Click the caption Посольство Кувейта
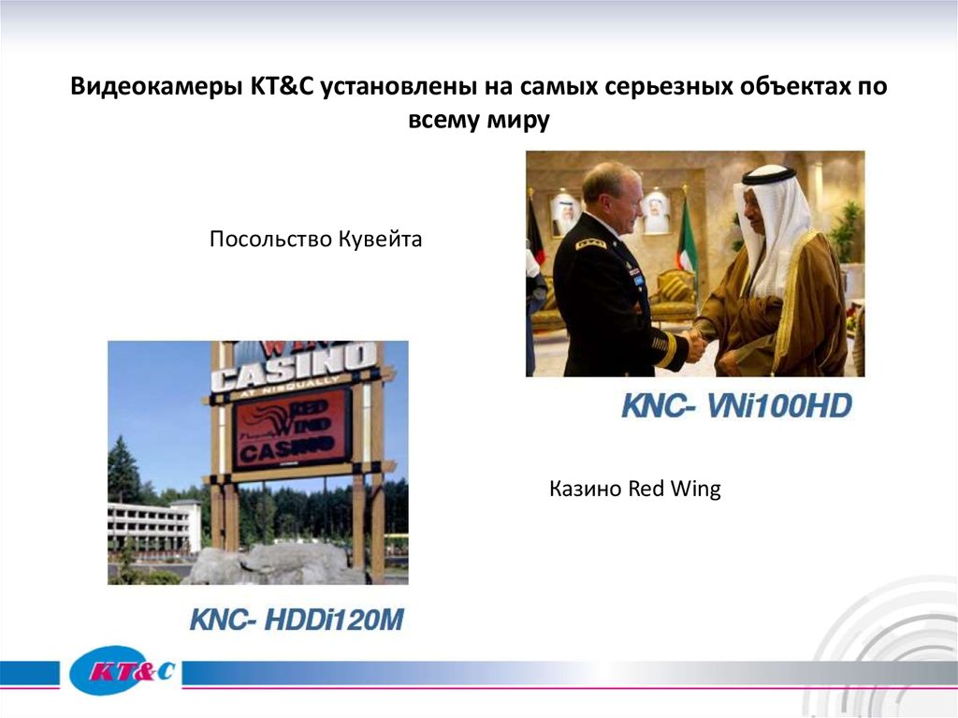(x=315, y=240)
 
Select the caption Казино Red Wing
(x=634, y=489)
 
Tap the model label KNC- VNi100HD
(x=736, y=406)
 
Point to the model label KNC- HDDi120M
(x=298, y=619)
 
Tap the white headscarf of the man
(x=773, y=225)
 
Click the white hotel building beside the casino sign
(x=153, y=525)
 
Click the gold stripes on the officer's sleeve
(x=665, y=349)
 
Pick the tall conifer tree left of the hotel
(x=123, y=473)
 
